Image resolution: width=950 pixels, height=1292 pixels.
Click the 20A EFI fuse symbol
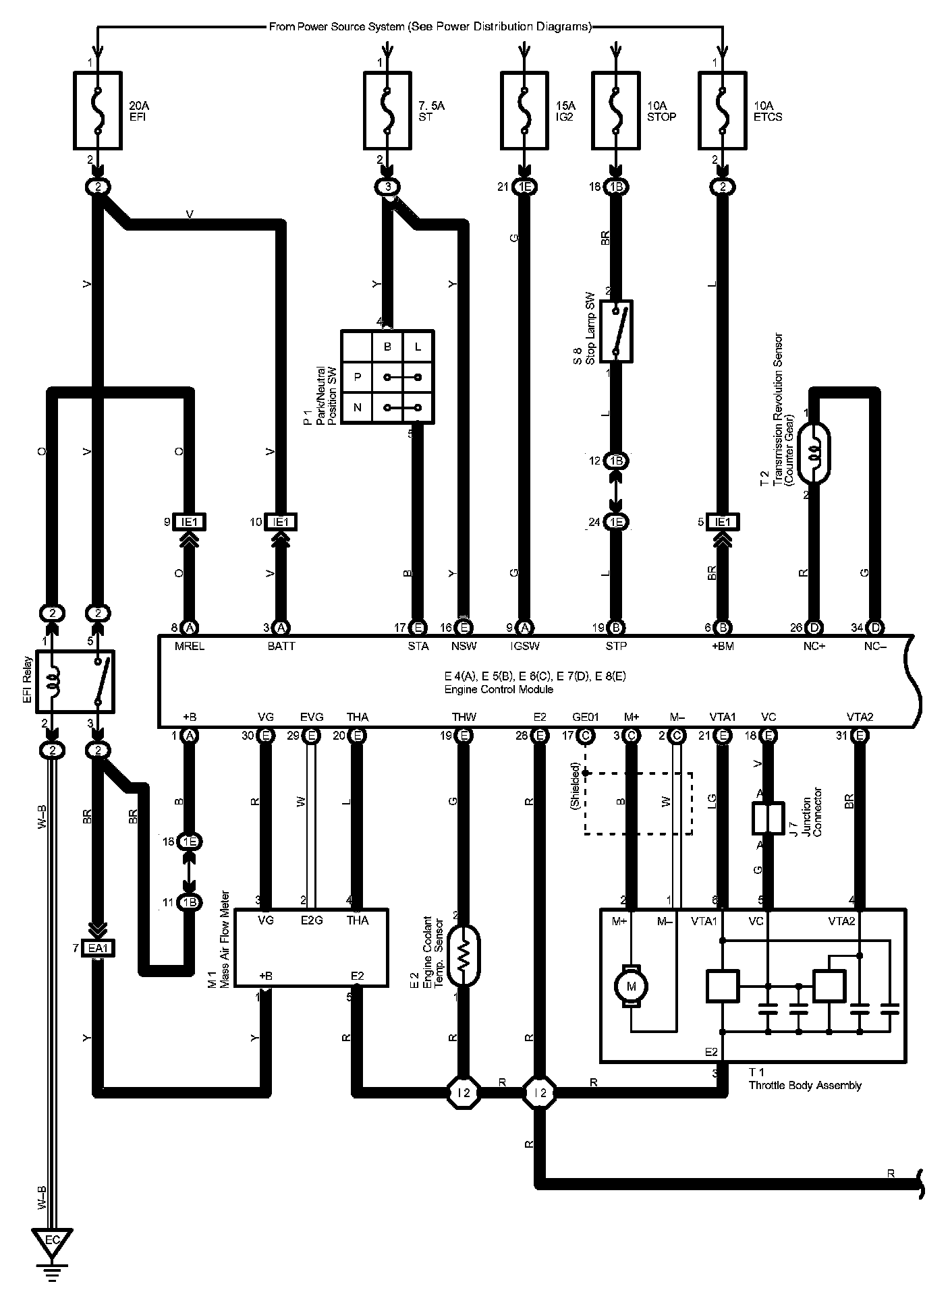pos(98,111)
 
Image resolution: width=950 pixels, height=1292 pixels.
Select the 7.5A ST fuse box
pos(387,111)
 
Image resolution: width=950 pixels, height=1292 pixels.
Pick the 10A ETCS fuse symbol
pos(723,111)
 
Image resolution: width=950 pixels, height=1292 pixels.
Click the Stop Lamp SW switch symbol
pos(616,331)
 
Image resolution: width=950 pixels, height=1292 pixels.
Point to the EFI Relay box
pos(75,681)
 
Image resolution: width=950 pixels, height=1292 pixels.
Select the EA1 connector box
pos(99,948)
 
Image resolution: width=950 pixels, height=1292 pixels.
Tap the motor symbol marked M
pos(631,987)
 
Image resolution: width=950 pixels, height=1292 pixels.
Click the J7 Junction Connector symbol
pos(768,818)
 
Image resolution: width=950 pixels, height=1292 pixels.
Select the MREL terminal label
pos(189,646)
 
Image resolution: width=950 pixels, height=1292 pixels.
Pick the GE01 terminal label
pos(585,717)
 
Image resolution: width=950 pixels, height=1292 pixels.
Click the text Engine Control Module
pos(499,689)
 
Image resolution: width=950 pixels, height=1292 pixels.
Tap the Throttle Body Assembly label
pos(805,1085)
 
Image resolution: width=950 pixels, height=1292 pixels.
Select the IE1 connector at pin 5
pos(723,522)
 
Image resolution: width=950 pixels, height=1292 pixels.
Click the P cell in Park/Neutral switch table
pos(357,377)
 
